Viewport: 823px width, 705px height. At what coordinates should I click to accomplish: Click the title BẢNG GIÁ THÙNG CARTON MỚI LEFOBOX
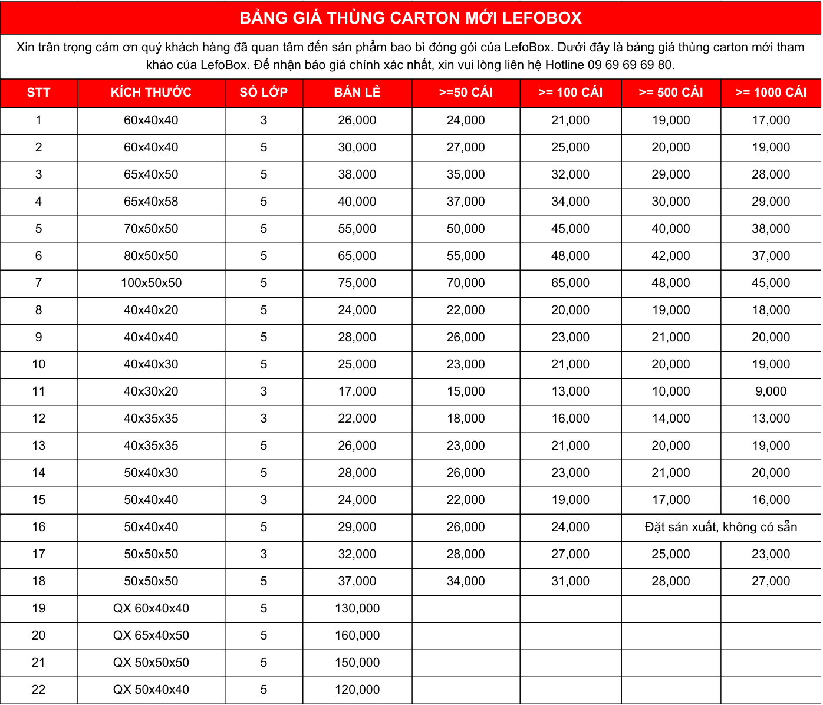click(x=410, y=18)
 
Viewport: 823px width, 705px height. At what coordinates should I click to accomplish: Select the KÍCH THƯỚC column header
click(x=151, y=93)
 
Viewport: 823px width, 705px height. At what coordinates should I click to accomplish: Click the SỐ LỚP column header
click(x=264, y=93)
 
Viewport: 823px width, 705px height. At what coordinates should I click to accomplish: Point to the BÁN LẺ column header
click(x=357, y=93)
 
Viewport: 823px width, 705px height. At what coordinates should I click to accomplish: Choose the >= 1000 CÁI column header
click(x=771, y=93)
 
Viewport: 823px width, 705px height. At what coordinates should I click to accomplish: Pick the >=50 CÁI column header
click(x=466, y=93)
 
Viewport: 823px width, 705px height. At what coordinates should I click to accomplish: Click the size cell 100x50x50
click(x=151, y=283)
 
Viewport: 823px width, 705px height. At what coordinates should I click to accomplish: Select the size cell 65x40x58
click(x=151, y=202)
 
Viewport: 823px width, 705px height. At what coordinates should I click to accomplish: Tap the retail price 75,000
click(x=357, y=283)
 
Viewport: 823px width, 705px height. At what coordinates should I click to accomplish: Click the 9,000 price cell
click(x=771, y=391)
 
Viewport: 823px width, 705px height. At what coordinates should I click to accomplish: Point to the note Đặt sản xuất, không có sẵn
click(x=721, y=527)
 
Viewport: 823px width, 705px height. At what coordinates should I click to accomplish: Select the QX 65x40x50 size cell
click(x=151, y=635)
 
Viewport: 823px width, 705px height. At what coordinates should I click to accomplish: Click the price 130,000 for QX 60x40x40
click(x=357, y=608)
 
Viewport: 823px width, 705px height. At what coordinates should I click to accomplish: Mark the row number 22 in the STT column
click(x=38, y=690)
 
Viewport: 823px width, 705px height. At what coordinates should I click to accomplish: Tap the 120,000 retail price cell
click(x=357, y=690)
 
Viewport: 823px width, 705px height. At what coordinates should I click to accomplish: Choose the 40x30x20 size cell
click(x=151, y=391)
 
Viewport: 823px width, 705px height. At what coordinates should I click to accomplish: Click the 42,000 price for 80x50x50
click(x=671, y=256)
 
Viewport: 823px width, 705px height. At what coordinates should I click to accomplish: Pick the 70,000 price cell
click(x=466, y=283)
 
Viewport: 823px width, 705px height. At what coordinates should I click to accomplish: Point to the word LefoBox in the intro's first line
click(x=527, y=47)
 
